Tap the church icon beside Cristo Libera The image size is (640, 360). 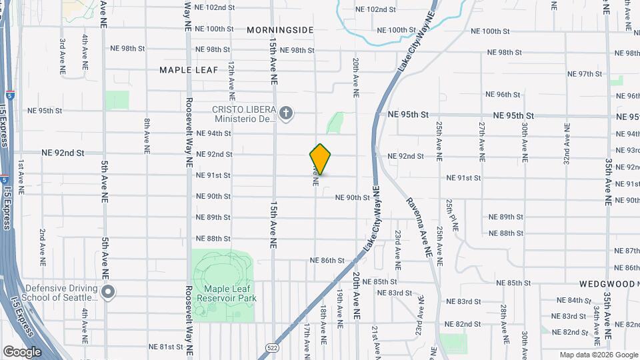point(287,114)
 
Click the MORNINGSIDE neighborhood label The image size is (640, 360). point(280,30)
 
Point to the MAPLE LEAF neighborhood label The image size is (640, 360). point(185,69)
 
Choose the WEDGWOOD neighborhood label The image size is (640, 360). point(607,283)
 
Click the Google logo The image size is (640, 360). point(22,351)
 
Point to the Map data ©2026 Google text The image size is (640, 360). point(599,355)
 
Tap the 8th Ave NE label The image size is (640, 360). point(147,136)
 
